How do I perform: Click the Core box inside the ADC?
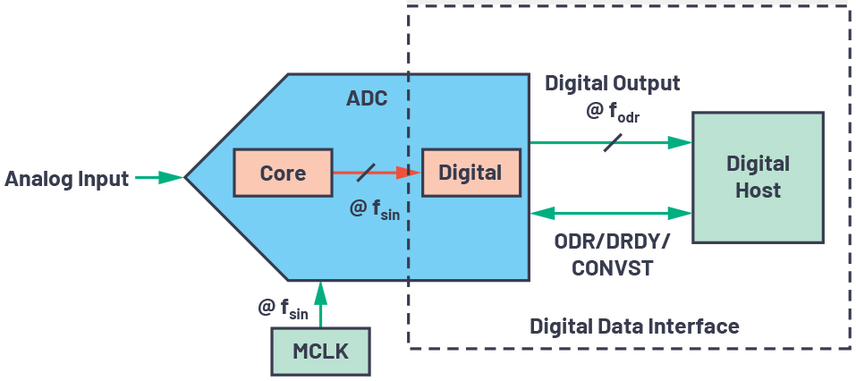coord(283,173)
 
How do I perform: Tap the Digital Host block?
coord(758,176)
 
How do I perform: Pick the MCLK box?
coord(320,351)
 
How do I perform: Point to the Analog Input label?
coord(67,178)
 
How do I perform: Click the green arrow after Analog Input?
coord(159,178)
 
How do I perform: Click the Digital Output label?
coord(613,83)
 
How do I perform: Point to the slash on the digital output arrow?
coord(613,141)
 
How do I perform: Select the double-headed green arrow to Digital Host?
coord(613,213)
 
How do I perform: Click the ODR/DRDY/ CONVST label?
coord(613,255)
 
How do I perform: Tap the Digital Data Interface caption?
coord(634,326)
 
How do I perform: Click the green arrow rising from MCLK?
coord(319,303)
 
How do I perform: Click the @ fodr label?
coord(613,114)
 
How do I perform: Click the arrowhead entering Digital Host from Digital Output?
coord(683,141)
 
